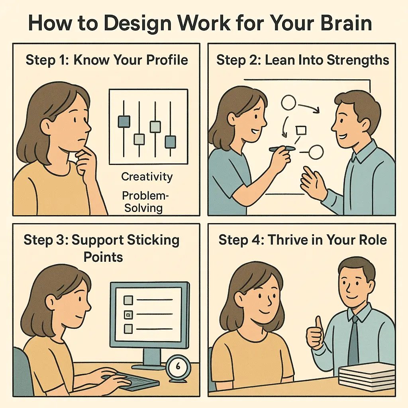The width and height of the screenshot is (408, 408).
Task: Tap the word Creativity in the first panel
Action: pyautogui.click(x=147, y=177)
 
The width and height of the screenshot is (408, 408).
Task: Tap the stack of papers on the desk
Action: pyautogui.click(x=367, y=377)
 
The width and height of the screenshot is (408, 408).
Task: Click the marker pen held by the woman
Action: pyautogui.click(x=282, y=149)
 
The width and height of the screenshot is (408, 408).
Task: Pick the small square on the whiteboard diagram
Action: pyautogui.click(x=300, y=130)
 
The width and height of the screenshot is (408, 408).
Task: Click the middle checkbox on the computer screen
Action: pyautogui.click(x=128, y=314)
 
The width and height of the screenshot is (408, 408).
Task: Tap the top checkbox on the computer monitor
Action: pyautogui.click(x=128, y=300)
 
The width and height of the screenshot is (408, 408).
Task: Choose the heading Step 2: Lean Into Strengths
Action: pyautogui.click(x=302, y=60)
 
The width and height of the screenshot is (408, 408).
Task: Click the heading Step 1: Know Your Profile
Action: pyautogui.click(x=106, y=60)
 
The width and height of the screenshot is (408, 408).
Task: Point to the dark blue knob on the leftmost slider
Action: pyautogui.click(x=124, y=122)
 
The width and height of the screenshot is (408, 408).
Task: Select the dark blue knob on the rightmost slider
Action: pyautogui.click(x=170, y=141)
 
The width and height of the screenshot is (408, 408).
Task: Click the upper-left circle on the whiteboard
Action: pyautogui.click(x=288, y=103)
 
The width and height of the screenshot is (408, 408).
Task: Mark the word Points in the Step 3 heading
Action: pyautogui.click(x=103, y=257)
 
